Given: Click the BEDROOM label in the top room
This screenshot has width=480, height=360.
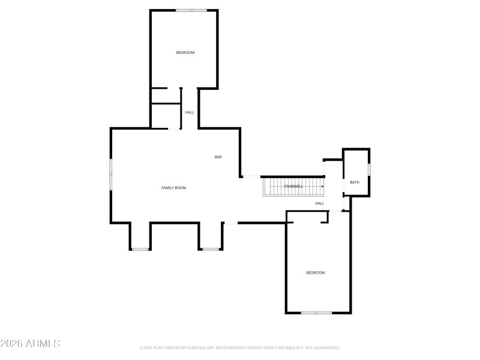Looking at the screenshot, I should click(185, 53).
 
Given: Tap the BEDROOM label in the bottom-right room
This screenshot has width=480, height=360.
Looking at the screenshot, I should click(316, 273).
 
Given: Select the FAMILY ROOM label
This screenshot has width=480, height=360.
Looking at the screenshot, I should click(173, 188).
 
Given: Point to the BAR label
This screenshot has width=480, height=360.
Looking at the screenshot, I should click(218, 157).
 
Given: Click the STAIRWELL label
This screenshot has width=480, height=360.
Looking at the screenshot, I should click(293, 187).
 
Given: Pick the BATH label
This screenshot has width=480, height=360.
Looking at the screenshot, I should click(355, 182).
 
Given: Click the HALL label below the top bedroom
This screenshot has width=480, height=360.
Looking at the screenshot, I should click(190, 112).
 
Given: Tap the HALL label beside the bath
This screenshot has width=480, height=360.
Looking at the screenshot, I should click(320, 203).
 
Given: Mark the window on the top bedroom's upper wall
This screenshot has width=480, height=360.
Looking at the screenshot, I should click(191, 10).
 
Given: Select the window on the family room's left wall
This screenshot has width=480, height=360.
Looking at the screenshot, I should click(110, 174).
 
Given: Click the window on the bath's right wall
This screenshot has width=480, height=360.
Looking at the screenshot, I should click(369, 170).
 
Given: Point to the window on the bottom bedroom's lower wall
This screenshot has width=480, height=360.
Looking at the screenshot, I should click(316, 313).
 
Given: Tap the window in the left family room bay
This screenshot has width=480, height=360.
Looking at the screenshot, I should click(140, 249).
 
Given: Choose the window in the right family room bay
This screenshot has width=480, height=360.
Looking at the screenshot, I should click(210, 249).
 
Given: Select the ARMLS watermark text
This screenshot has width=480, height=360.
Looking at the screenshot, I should click(30, 344).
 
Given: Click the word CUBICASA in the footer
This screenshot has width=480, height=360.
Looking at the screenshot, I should click(196, 347).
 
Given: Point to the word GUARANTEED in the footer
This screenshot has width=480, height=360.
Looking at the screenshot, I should click(327, 347).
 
